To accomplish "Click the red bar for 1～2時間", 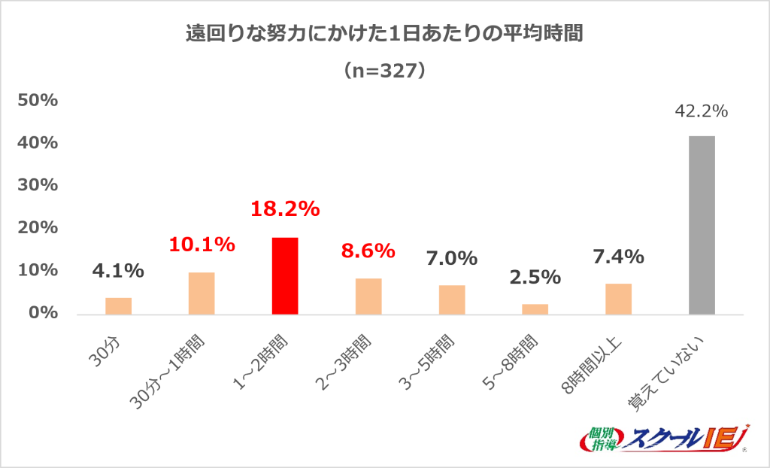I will pyautogui.click(x=285, y=276).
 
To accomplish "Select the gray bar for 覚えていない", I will pyautogui.click(x=702, y=225).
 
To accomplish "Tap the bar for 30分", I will pyautogui.click(x=118, y=306).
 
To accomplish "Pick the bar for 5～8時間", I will pyautogui.click(x=535, y=309).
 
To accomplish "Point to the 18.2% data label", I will pyautogui.click(x=285, y=209).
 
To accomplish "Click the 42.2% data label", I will pyautogui.click(x=702, y=111).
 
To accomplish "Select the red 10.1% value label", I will pyautogui.click(x=202, y=245).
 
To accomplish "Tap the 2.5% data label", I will pyautogui.click(x=535, y=277).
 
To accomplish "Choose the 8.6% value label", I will pyautogui.click(x=368, y=251).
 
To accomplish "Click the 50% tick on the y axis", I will pyautogui.click(x=38, y=101).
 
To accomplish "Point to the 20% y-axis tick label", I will pyautogui.click(x=38, y=228).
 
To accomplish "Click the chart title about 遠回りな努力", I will pyautogui.click(x=384, y=35).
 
